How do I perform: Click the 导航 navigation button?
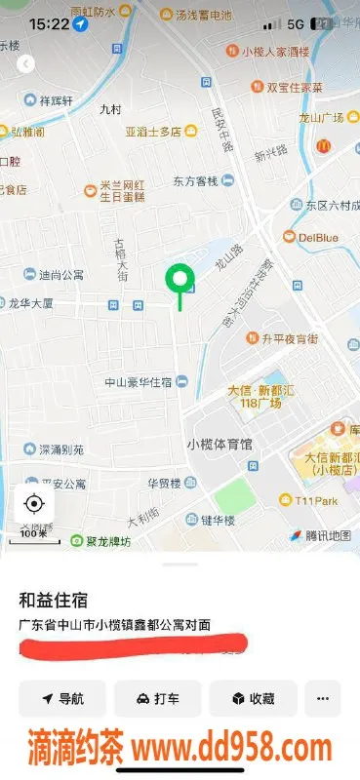click(x=62, y=698)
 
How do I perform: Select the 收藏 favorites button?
click(x=253, y=698)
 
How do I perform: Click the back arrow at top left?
click(x=26, y=64)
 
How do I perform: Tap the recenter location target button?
click(x=34, y=503)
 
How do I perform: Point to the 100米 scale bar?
click(x=34, y=534)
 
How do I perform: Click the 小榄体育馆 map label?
click(x=220, y=444)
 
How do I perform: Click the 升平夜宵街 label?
click(x=289, y=338)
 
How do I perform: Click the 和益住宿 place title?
click(x=52, y=600)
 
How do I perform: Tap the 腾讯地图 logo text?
click(x=326, y=535)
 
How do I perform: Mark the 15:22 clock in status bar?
click(x=49, y=22)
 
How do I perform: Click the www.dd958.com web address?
click(x=232, y=750)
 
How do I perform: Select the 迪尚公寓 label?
click(x=60, y=275)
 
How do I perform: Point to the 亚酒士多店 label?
click(x=152, y=132)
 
